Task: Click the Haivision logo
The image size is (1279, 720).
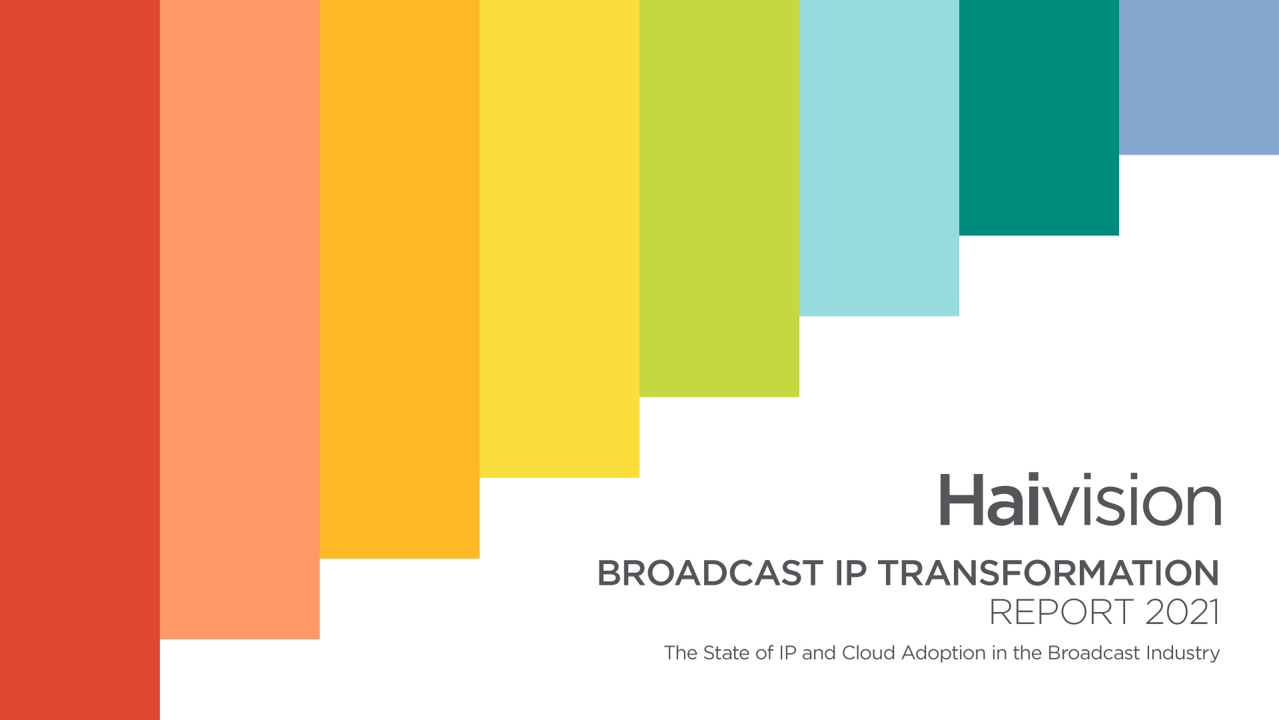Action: tap(1080, 499)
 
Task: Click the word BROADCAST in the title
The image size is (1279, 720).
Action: tap(710, 573)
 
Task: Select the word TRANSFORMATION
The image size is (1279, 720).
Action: tap(1049, 573)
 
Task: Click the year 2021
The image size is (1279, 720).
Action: tap(1183, 612)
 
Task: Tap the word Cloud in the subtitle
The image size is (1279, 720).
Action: tap(869, 653)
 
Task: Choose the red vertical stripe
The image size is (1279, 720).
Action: tap(80, 360)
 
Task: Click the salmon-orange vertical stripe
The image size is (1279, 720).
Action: tap(240, 319)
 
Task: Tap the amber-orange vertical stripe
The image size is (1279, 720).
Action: tap(400, 279)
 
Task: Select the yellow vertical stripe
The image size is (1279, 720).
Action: tap(560, 239)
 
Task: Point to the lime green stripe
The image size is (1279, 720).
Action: tap(719, 199)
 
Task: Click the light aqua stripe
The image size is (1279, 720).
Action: tap(879, 158)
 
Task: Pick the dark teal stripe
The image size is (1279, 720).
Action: tap(1039, 117)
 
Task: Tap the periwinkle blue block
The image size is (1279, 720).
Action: tap(1199, 77)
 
